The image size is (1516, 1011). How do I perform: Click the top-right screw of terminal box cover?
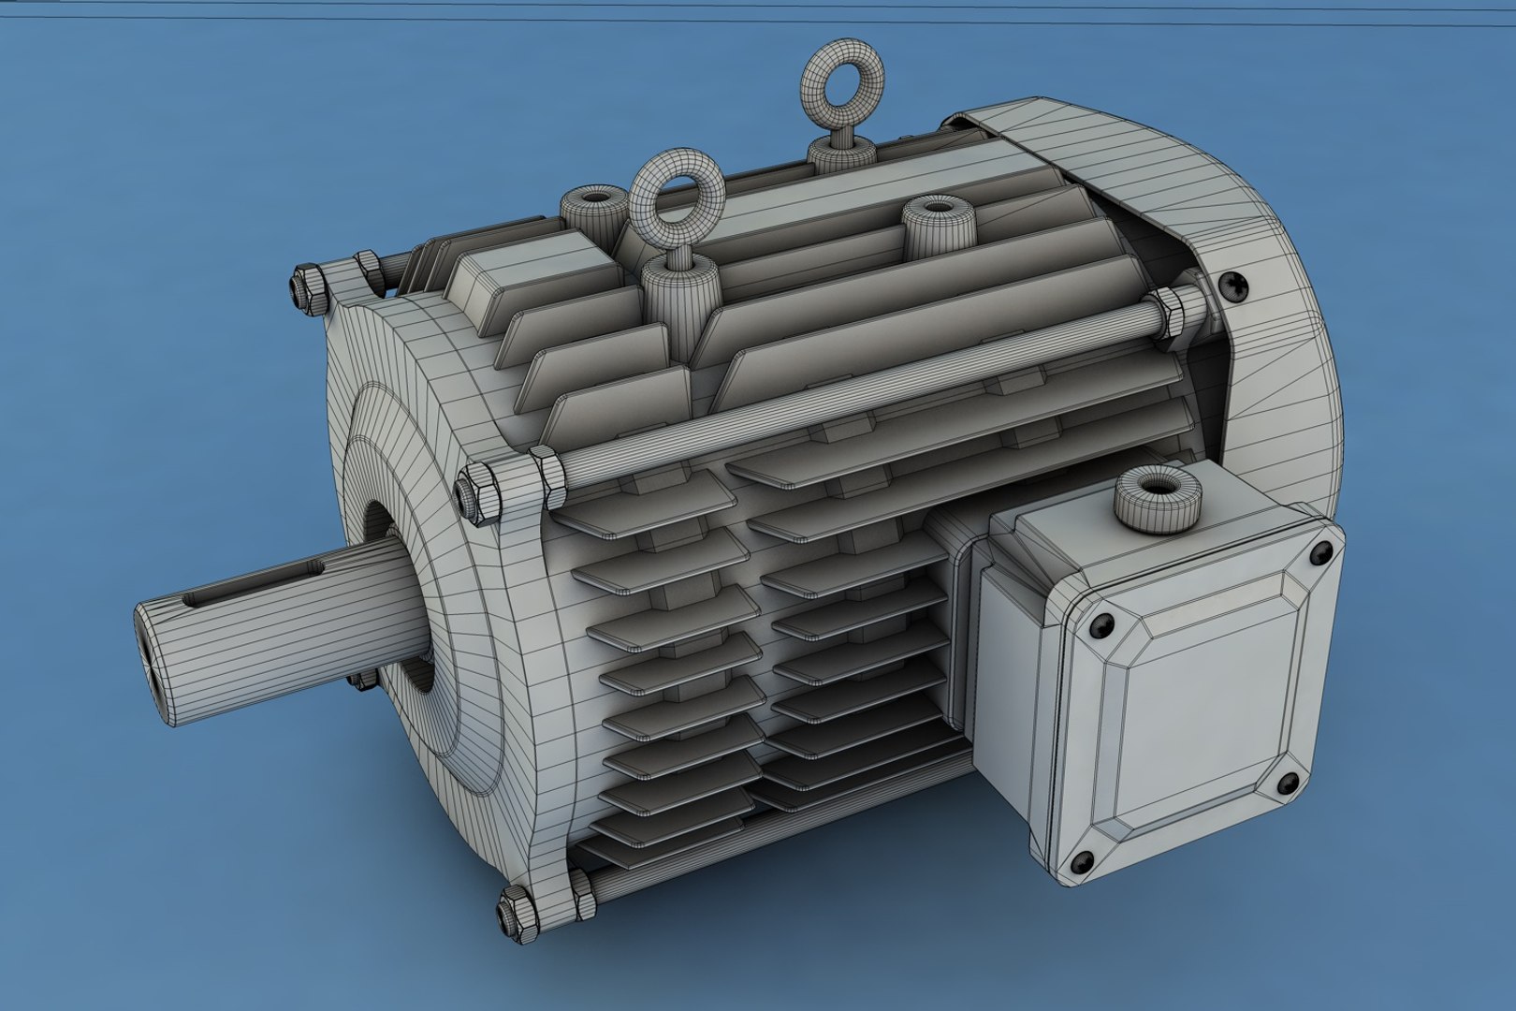click(x=1322, y=552)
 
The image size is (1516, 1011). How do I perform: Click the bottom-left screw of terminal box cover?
click(x=1086, y=857)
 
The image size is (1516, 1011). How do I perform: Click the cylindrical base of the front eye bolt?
click(x=677, y=290)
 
